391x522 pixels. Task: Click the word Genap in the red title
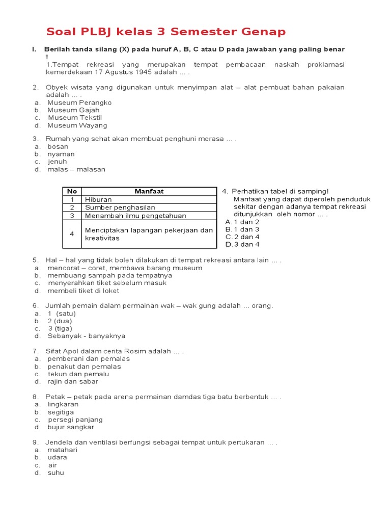pyautogui.click(x=264, y=32)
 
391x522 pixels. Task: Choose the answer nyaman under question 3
pyautogui.click(x=61, y=154)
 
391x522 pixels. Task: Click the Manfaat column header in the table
pyautogui.click(x=149, y=191)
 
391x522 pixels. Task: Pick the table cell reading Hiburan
pyautogui.click(x=98, y=199)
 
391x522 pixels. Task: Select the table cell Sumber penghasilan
pyautogui.click(x=120, y=207)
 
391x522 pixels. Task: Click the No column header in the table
pyautogui.click(x=72, y=191)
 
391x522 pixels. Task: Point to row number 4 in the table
pyautogui.click(x=72, y=234)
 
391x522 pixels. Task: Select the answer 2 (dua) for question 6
pyautogui.click(x=60, y=321)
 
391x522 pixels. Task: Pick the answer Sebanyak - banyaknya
pyautogui.click(x=86, y=336)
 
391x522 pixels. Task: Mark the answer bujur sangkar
pyautogui.click(x=71, y=427)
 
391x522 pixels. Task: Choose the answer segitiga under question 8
pyautogui.click(x=61, y=412)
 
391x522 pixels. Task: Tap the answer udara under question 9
pyautogui.click(x=57, y=457)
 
